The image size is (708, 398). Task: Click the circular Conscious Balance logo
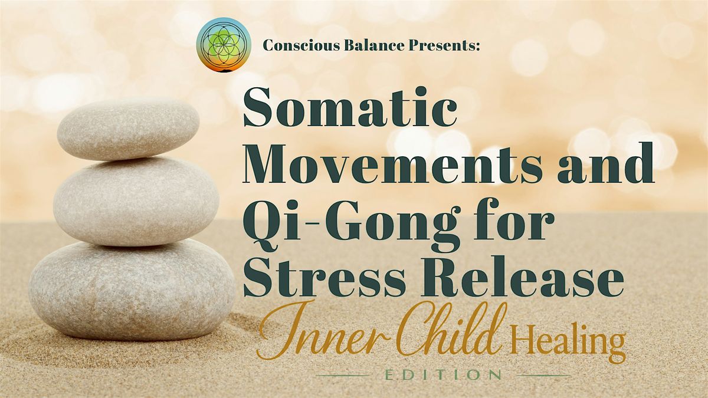point(224,45)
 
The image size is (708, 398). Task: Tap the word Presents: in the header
point(444,45)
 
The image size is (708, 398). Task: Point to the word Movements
point(392,163)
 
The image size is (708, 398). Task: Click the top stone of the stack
point(128,129)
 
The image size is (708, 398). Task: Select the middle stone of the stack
point(136,201)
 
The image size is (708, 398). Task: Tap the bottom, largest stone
point(132,289)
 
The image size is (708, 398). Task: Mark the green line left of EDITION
point(343,376)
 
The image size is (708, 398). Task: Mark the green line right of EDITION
point(543,376)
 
